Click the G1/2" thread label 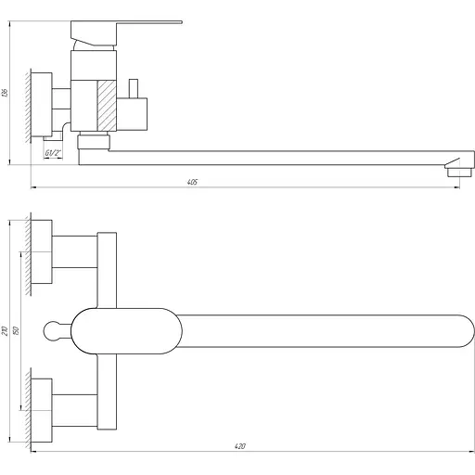point(53,153)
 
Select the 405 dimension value point(192,183)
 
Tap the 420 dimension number point(238,446)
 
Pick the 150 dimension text point(25,331)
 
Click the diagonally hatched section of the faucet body point(105,105)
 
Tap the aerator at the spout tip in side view point(455,170)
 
